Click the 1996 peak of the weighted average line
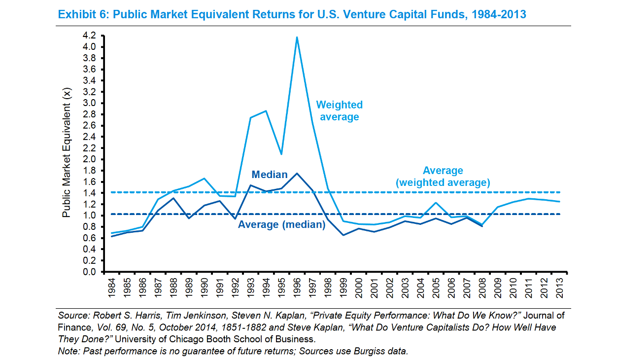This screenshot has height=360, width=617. coord(297,37)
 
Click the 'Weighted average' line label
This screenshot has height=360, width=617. coord(339,111)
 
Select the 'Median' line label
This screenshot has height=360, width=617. coord(269,175)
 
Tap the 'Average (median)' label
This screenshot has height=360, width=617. coord(281,225)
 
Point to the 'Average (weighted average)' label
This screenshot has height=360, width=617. coord(443,177)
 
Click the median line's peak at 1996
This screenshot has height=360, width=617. coord(297,174)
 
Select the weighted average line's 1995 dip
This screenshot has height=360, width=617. coord(281,154)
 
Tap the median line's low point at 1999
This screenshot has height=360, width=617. coord(343,235)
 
